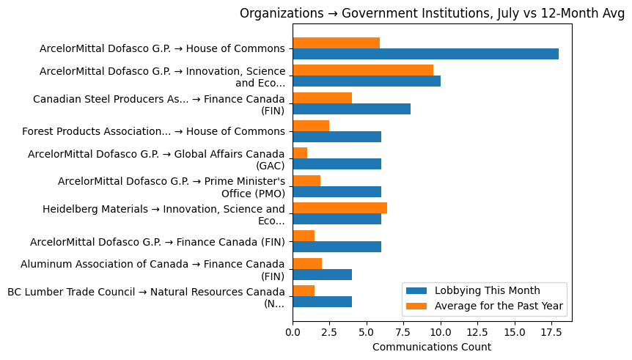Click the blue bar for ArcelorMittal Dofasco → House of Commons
click(x=425, y=54)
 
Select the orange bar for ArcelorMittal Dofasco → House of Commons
click(x=336, y=43)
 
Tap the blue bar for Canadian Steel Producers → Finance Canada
click(x=351, y=109)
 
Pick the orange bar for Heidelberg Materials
click(x=339, y=208)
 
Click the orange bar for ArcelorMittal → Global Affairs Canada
click(x=300, y=153)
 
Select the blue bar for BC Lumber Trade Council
click(x=322, y=302)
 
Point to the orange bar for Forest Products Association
click(x=311, y=125)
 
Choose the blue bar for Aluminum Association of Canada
click(x=322, y=274)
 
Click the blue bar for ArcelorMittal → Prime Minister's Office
click(x=337, y=191)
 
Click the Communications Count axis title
click(x=432, y=347)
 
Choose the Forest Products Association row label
click(x=153, y=131)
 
